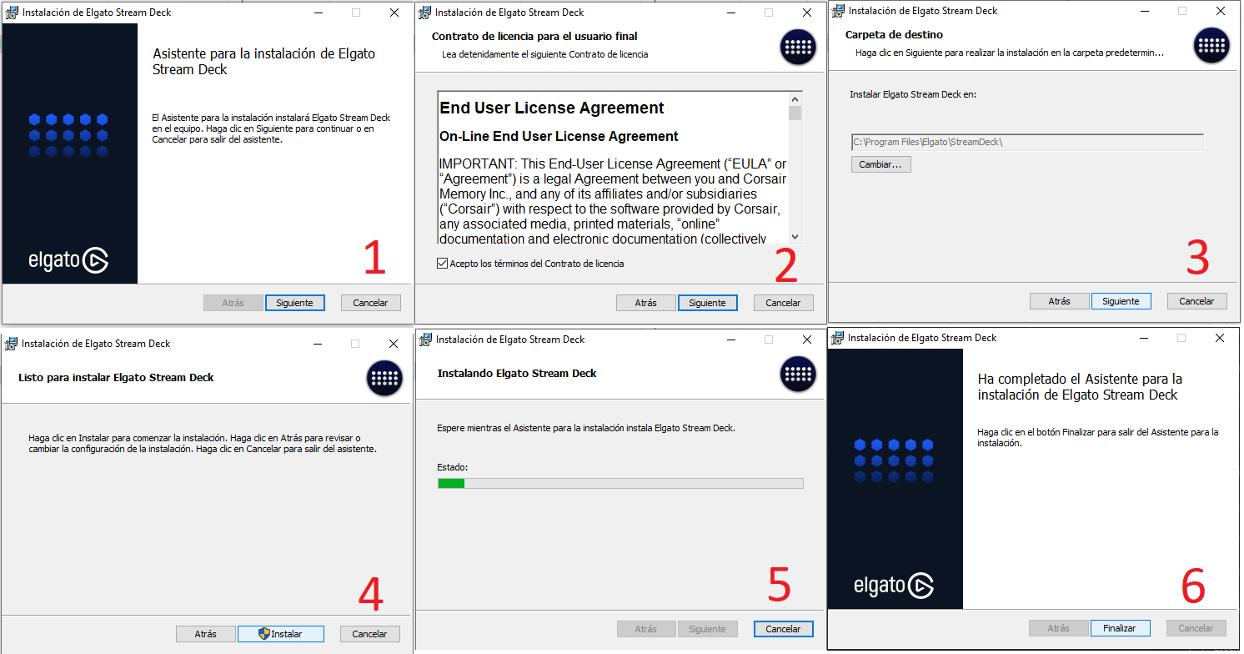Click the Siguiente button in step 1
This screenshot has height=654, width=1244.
click(294, 303)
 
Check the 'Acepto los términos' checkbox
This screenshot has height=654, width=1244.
click(442, 264)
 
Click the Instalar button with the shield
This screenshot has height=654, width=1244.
click(280, 634)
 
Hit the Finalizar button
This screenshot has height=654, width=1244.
click(1120, 628)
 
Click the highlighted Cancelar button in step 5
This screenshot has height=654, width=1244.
click(783, 629)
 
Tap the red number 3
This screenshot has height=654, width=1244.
click(1197, 257)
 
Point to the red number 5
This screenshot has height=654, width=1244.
click(779, 585)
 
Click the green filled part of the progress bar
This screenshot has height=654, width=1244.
click(451, 484)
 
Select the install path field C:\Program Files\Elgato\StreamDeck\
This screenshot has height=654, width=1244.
click(1027, 143)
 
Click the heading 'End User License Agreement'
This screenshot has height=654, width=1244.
click(551, 108)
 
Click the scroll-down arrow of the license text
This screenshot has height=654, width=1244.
click(795, 237)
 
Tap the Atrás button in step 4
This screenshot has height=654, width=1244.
click(205, 634)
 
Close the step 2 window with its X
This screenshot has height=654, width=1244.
click(807, 13)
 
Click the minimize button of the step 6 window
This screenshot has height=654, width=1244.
click(1144, 338)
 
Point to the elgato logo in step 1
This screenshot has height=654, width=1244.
click(68, 260)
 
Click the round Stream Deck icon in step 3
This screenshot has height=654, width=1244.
click(1211, 46)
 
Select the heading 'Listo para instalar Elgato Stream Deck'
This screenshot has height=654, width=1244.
click(116, 378)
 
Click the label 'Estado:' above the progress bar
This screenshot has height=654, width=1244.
click(452, 467)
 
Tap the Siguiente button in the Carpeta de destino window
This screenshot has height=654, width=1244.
click(1121, 301)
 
